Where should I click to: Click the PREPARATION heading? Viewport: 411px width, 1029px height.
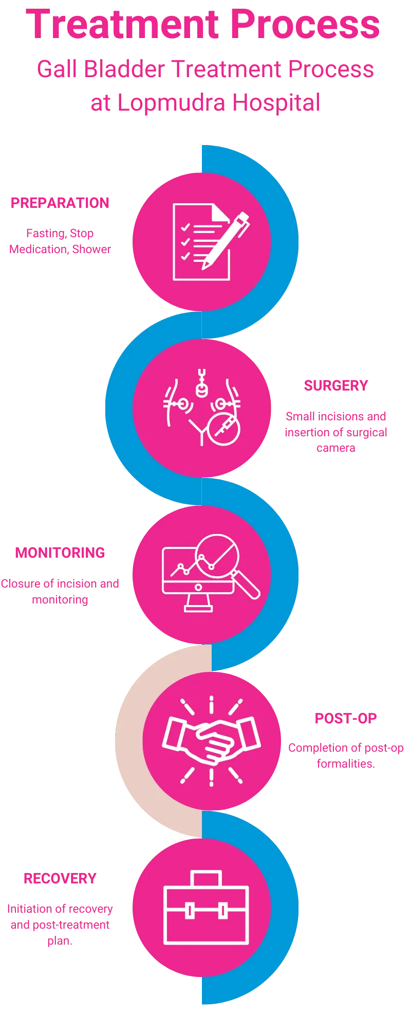click(60, 203)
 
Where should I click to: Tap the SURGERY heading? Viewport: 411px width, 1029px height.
click(336, 386)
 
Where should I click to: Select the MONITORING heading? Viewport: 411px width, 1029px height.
click(60, 553)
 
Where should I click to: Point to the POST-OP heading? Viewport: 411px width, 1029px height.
click(346, 718)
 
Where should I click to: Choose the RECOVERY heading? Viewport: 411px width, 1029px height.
click(60, 878)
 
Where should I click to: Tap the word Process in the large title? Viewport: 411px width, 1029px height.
click(305, 25)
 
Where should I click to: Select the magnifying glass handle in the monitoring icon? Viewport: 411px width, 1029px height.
click(247, 586)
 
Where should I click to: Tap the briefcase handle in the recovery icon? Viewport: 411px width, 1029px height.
click(206, 878)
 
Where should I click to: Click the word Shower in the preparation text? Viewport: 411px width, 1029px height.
click(91, 250)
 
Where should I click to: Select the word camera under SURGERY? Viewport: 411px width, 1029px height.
click(336, 448)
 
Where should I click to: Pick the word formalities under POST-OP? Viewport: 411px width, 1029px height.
click(346, 764)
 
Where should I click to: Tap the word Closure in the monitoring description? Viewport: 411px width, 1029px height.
click(21, 584)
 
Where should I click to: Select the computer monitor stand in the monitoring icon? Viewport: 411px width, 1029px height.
click(198, 602)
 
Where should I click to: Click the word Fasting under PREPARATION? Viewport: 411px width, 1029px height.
click(45, 234)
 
